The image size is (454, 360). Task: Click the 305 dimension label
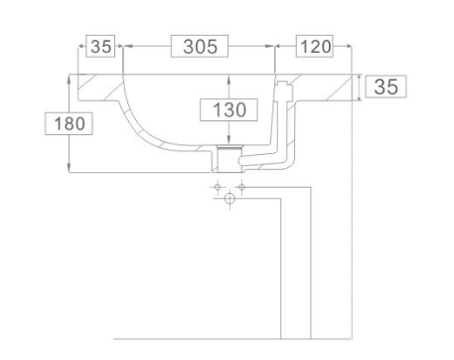(x=200, y=47)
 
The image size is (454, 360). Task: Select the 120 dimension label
(x=315, y=47)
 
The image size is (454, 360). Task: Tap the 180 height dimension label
(x=70, y=123)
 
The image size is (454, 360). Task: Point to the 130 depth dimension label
(x=229, y=109)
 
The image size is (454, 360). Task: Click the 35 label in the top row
(x=100, y=47)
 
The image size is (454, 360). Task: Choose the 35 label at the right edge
(x=385, y=87)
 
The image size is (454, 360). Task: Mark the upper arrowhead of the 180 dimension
(x=69, y=79)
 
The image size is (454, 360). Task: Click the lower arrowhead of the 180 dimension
(x=69, y=168)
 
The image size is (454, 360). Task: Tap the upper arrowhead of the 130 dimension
(x=228, y=79)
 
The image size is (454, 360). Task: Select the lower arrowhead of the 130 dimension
(x=228, y=140)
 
